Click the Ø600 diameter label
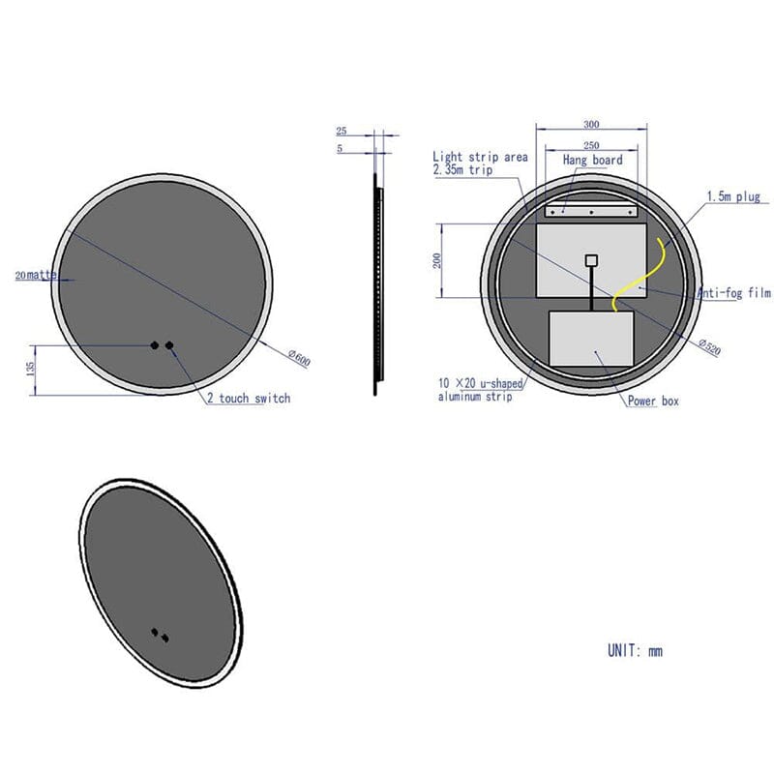[300, 358]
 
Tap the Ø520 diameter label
[710, 346]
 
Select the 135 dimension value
[31, 369]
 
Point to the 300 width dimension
[591, 125]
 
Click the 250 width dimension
[591, 145]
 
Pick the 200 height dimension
[437, 260]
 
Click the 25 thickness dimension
[342, 131]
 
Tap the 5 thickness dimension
[340, 148]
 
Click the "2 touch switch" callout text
[249, 399]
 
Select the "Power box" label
[653, 401]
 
